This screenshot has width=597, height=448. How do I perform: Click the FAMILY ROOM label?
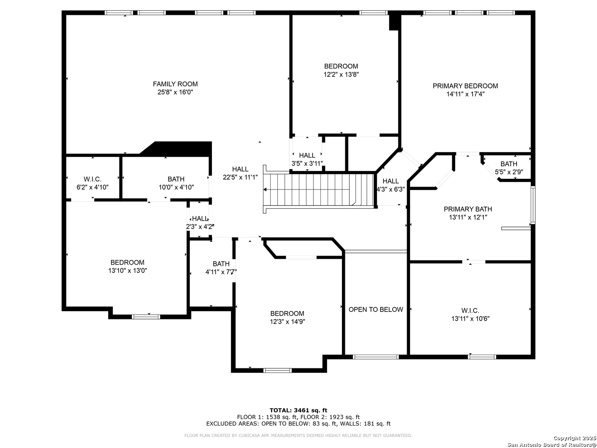point(175,84)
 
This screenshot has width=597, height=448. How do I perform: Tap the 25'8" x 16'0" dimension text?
point(175,92)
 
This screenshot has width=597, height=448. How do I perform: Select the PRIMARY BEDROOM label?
point(465,86)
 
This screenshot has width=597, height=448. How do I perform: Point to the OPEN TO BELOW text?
point(376,309)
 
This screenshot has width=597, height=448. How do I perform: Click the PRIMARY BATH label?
point(468,209)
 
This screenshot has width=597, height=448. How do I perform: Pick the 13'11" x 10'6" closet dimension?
point(470,319)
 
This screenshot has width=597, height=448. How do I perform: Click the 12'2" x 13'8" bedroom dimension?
point(341,75)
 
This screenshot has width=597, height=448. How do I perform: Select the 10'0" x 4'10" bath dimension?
point(176,187)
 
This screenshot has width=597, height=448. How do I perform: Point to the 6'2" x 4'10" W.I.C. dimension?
point(92,187)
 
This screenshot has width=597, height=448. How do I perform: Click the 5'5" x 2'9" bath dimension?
point(509,172)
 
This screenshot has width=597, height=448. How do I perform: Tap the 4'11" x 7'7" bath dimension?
point(221,272)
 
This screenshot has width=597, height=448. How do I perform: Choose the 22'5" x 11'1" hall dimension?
point(240,178)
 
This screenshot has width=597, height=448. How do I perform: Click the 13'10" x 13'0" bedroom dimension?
point(128,270)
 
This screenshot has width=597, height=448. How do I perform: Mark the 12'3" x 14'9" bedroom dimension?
point(287,322)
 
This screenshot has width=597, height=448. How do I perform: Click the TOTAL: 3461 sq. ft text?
point(298,410)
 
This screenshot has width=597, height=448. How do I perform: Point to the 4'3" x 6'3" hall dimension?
point(391,189)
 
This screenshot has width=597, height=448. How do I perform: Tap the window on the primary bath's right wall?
point(533,205)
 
